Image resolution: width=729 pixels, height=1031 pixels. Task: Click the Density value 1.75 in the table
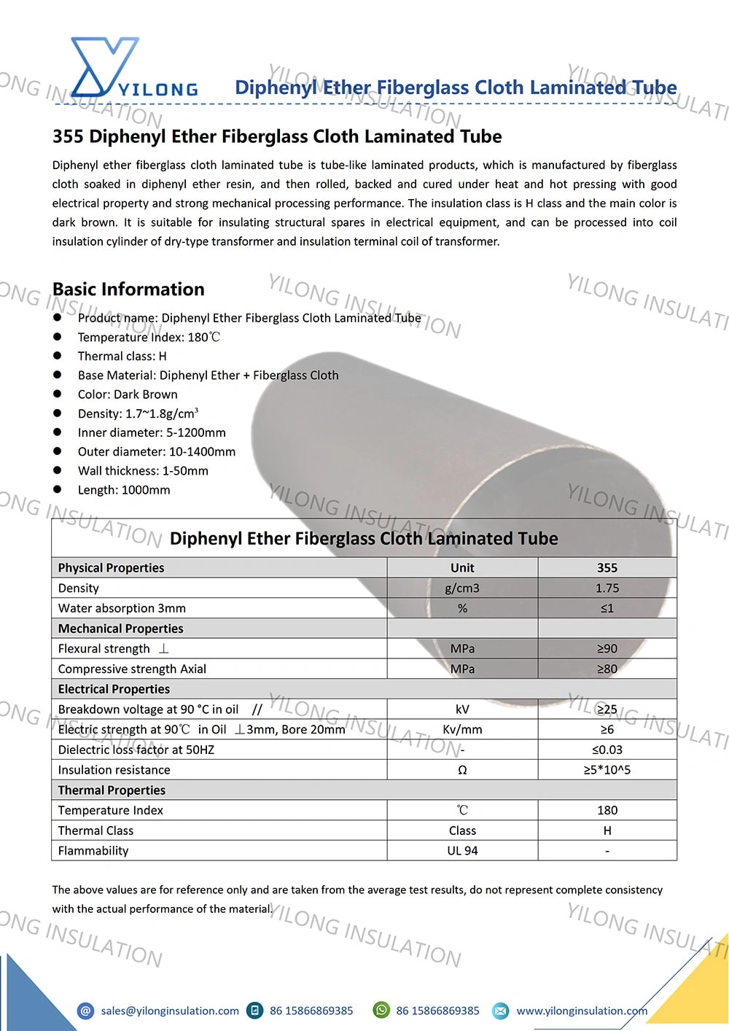click(607, 588)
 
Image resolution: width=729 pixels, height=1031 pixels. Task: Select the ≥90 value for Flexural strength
click(607, 648)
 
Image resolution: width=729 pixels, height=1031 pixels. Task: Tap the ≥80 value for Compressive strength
click(607, 669)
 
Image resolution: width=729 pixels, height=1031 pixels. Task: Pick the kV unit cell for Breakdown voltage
click(462, 709)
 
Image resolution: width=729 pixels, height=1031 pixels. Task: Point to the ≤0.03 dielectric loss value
click(607, 750)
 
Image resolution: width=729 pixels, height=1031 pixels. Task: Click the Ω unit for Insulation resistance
click(462, 770)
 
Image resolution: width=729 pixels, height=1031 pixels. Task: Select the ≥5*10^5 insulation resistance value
click(607, 770)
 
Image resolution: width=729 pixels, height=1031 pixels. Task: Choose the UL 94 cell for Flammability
click(462, 850)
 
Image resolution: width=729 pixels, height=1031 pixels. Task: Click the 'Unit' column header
click(462, 567)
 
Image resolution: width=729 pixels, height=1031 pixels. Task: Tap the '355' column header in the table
click(607, 567)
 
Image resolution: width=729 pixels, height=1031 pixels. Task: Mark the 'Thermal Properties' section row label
click(112, 790)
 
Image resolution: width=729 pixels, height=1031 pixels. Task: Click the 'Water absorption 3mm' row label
click(122, 608)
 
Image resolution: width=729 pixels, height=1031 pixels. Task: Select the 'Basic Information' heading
click(128, 289)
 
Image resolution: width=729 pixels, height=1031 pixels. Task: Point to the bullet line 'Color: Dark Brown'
click(128, 394)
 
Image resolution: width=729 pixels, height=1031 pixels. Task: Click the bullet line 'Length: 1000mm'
click(124, 490)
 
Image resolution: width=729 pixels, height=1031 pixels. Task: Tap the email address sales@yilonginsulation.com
click(170, 1011)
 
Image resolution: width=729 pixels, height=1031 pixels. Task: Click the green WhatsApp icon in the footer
click(381, 1010)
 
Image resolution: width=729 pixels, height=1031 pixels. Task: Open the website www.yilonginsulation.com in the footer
click(582, 1011)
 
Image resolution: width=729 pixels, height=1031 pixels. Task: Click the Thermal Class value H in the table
click(607, 830)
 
